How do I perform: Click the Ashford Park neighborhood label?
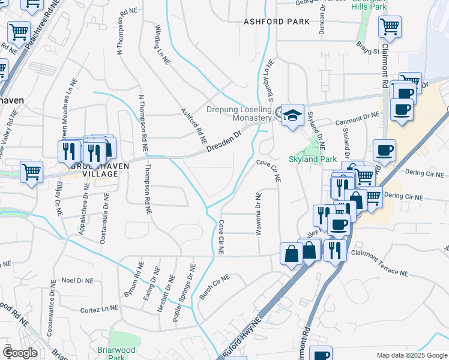(276, 22)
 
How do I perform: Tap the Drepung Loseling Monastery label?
(239, 114)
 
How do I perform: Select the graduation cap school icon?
(292, 116)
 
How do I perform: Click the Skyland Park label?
(313, 160)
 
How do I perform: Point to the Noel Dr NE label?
(77, 280)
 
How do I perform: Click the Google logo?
(20, 353)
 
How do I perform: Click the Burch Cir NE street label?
(214, 287)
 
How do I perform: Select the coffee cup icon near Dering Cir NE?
(384, 150)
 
